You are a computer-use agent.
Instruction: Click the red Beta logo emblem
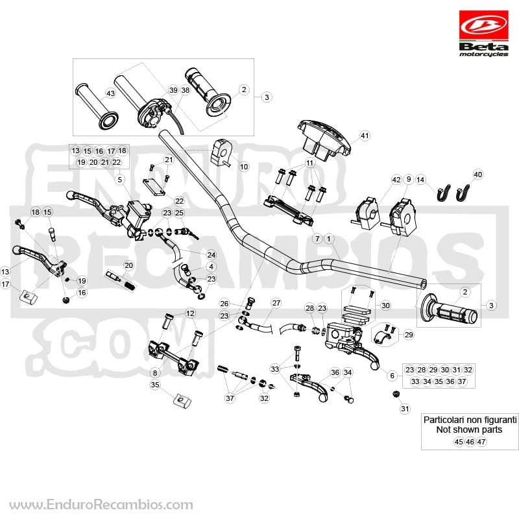coord(483,26)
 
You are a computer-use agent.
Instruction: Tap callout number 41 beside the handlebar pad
coord(365,136)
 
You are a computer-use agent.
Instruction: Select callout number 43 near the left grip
coord(110,93)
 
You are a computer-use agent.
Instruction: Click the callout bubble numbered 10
coord(244,167)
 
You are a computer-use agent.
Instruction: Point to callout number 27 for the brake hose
coord(276,303)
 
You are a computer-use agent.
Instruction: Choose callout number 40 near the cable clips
coord(478,175)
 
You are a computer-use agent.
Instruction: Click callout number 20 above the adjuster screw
coord(128,265)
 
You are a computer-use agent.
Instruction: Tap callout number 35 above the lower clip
coord(155,385)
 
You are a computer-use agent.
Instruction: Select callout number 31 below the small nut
coord(405,409)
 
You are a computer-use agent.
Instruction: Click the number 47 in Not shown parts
coord(481,442)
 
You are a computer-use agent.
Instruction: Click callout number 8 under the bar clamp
coord(155,373)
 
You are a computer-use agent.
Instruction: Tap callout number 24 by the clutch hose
coord(211,255)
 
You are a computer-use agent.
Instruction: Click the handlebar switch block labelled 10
coord(221,152)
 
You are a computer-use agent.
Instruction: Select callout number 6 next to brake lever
coord(392,376)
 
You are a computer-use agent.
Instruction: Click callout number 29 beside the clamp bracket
coord(409,335)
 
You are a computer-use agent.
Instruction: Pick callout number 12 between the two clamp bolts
coord(190,313)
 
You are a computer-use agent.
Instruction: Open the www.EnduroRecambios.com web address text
coord(101,505)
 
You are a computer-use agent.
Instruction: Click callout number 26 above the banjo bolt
coord(224,304)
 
